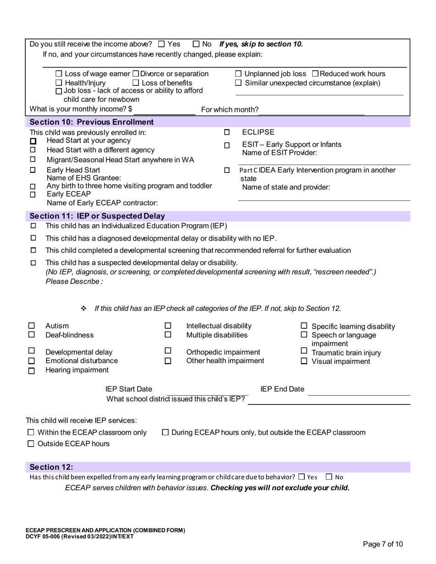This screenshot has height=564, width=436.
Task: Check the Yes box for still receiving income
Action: tap(161, 44)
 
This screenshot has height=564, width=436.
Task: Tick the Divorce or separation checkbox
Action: tap(136, 74)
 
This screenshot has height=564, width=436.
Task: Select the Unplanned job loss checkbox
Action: tap(239, 74)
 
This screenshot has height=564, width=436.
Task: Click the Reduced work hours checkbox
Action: tap(315, 74)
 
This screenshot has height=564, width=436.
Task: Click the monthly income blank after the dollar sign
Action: tap(165, 110)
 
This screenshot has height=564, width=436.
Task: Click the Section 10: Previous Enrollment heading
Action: tap(91, 122)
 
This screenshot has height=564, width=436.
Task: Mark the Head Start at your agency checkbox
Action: tap(33, 141)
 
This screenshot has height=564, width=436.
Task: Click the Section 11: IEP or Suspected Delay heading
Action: tap(97, 216)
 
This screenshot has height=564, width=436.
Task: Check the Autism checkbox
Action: tap(32, 326)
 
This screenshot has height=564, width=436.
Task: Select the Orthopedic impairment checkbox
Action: tap(168, 351)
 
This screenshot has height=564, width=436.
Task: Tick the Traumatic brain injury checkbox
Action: tap(304, 352)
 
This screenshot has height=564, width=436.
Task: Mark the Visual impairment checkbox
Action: tap(304, 361)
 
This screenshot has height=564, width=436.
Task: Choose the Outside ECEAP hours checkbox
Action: tap(31, 443)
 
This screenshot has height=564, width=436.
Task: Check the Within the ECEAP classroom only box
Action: tap(31, 432)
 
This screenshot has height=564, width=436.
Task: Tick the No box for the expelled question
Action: tap(329, 477)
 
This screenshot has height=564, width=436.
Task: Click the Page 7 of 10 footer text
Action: tap(383, 544)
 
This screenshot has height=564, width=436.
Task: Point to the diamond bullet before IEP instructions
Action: tap(84, 308)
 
